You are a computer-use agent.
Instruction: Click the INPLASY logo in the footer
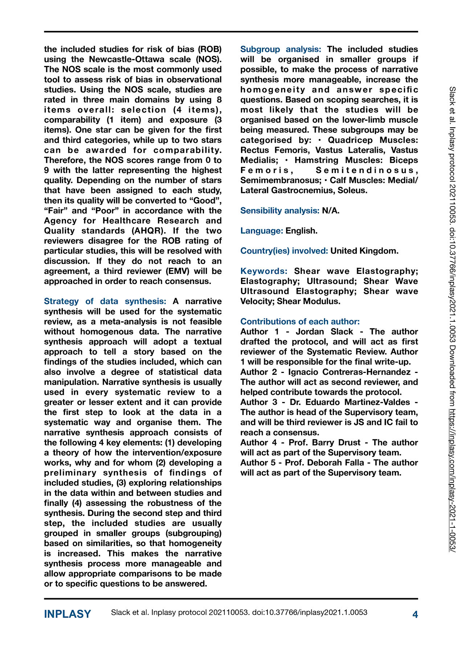tap(68, 614)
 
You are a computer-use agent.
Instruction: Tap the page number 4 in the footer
tap(415, 614)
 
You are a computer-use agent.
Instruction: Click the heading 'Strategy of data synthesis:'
tap(105, 301)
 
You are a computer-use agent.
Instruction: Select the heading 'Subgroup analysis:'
tap(281, 49)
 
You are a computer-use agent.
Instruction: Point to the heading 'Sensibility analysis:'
tap(280, 210)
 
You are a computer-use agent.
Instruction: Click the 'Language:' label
tap(262, 231)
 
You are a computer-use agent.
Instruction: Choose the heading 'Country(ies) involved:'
tap(284, 251)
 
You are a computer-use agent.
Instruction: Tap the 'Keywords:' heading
tap(264, 271)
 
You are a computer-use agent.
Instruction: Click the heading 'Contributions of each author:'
tap(300, 321)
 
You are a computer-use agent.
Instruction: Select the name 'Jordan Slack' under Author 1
tap(324, 332)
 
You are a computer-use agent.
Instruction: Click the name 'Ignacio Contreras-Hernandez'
tap(349, 372)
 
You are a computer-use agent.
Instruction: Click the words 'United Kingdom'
tap(364, 251)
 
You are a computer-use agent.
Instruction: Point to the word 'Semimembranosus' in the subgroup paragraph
tap(280, 180)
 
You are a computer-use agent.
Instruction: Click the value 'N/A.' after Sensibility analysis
tap(331, 210)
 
